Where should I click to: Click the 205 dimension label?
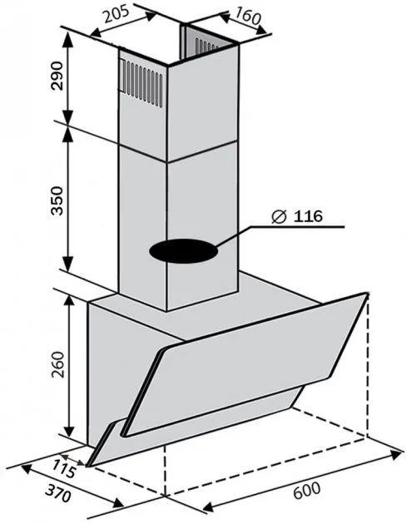(x=116, y=14)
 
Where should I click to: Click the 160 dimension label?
(x=248, y=17)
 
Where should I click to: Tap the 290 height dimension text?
(x=57, y=76)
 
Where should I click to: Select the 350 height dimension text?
(x=57, y=200)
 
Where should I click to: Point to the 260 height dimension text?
(x=57, y=364)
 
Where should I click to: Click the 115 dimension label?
(x=65, y=468)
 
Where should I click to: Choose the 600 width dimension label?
(x=307, y=490)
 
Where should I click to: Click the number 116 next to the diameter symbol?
(x=308, y=216)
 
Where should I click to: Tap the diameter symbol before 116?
(x=279, y=216)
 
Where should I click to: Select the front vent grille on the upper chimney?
(x=142, y=83)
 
